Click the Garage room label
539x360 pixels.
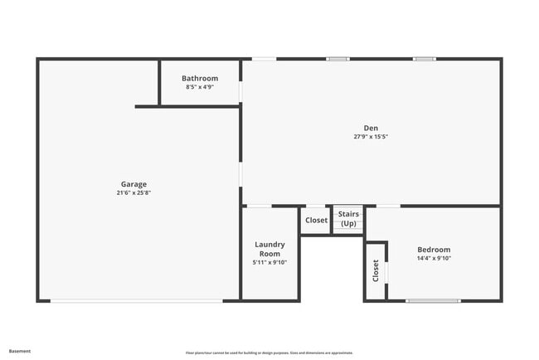coord(134,184)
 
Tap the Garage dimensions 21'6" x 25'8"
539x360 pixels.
coord(134,192)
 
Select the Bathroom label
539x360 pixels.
coord(200,79)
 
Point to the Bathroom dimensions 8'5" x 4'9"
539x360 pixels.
coord(200,87)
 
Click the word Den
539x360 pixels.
coord(371,128)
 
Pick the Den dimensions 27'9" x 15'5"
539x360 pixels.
coord(371,136)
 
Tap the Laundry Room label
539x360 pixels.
coord(269,249)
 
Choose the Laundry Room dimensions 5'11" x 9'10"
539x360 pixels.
coord(269,262)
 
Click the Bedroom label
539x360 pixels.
coord(434,250)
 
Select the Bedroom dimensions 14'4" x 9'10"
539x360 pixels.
coord(434,258)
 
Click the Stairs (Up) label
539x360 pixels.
coord(348,219)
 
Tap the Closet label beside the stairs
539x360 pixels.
coord(316,220)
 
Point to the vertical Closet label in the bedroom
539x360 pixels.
coord(376,270)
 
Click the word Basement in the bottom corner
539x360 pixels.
coord(20,351)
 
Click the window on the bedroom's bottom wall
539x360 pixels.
coord(433,300)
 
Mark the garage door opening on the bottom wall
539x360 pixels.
coord(137,300)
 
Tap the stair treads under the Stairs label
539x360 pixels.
coord(348,231)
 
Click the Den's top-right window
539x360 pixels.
coord(425,59)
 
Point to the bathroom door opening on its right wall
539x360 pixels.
coord(241,90)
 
